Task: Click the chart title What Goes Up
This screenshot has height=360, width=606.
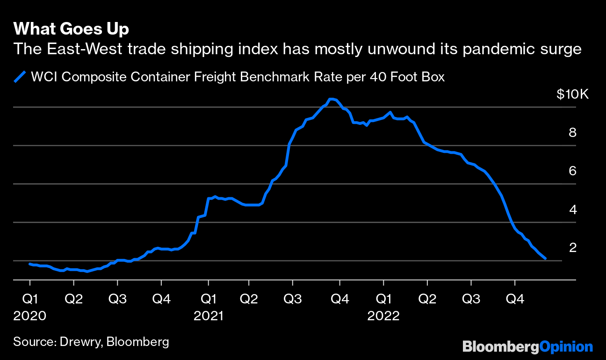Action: point(71,29)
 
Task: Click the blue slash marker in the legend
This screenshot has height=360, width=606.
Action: point(20,76)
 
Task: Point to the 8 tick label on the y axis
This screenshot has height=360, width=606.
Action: point(572,133)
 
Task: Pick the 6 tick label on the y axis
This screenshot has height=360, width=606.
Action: point(572,171)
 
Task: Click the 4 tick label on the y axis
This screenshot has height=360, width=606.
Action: point(572,209)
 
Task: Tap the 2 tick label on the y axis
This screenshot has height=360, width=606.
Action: point(572,248)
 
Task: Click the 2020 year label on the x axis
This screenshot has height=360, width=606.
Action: point(29,316)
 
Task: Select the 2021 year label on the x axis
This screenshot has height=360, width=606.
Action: point(209,316)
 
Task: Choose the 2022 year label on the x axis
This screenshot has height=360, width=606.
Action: point(383,316)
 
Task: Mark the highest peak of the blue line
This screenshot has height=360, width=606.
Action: point(331,99)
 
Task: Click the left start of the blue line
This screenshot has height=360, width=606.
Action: point(30,264)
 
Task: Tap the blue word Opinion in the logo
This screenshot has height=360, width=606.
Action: point(566,346)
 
